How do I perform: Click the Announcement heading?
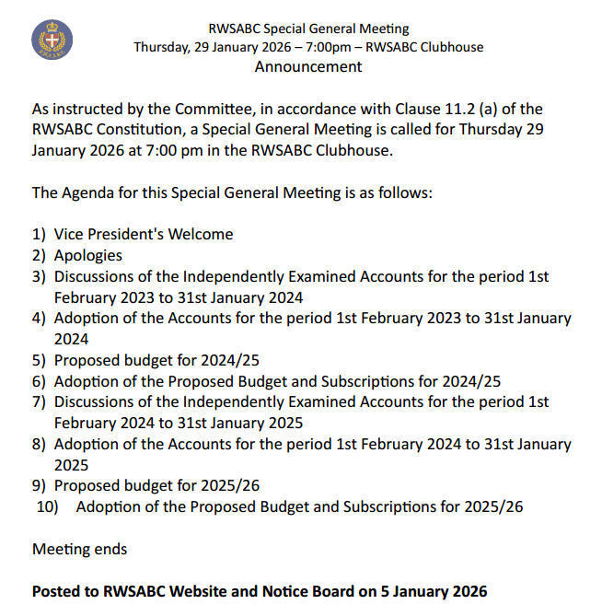click(308, 66)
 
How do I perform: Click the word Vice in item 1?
click(70, 234)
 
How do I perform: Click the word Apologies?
click(88, 255)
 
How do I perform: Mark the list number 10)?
click(47, 506)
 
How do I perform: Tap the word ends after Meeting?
click(110, 549)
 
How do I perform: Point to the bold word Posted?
click(57, 591)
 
